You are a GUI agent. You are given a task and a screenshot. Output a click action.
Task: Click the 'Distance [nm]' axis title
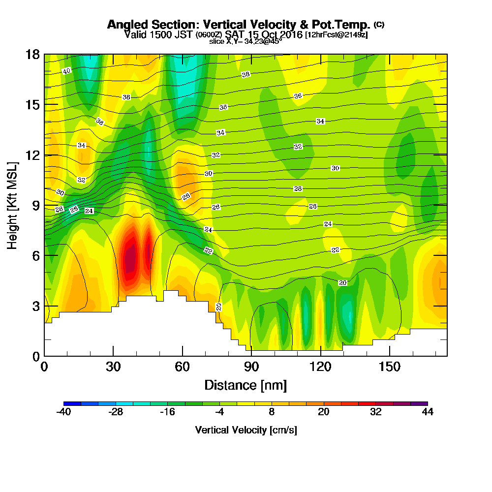coord(246,385)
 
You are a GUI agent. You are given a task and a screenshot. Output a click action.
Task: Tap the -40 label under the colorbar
coord(64,412)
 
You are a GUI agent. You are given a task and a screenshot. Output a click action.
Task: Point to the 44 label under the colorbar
coord(428,412)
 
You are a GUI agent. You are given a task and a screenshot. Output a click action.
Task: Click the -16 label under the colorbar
coord(168,412)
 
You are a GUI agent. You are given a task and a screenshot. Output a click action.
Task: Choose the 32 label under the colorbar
coord(375,412)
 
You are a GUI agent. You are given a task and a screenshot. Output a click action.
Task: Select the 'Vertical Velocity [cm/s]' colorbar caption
coord(246,430)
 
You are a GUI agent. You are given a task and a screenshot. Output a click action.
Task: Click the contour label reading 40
coord(67,71)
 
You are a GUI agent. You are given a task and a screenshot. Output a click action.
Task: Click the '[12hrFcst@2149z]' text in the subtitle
coord(337,35)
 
